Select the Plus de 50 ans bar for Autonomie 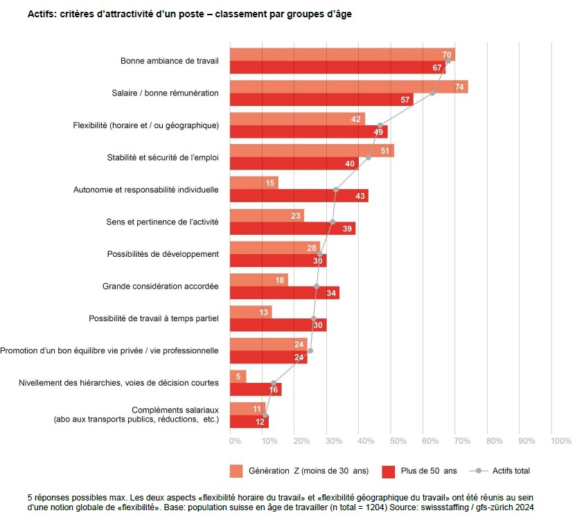(x=299, y=196)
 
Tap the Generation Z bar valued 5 (x=238, y=377)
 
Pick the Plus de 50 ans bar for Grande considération (x=284, y=293)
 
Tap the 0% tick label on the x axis (x=235, y=440)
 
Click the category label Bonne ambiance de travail (x=169, y=61)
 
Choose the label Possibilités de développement (x=163, y=254)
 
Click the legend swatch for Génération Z (x=236, y=471)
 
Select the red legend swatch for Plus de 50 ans (x=388, y=471)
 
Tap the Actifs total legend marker (x=477, y=471)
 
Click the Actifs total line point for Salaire (x=432, y=93)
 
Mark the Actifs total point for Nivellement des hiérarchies (x=274, y=383)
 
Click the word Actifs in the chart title (x=42, y=15)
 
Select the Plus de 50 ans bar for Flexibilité (x=308, y=132)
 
